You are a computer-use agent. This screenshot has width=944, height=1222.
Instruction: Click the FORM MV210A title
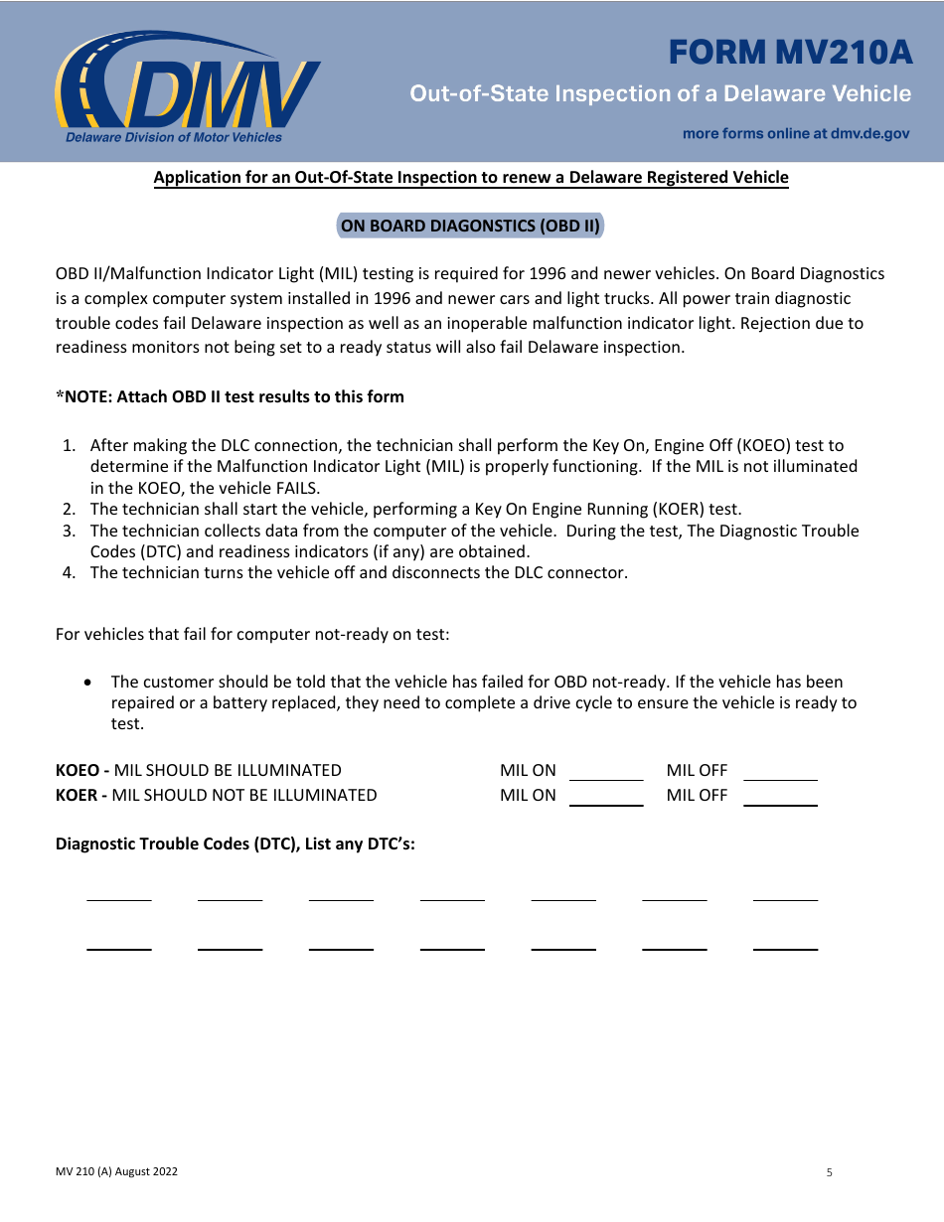click(790, 52)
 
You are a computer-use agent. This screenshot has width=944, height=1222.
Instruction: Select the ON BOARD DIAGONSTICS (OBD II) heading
click(471, 226)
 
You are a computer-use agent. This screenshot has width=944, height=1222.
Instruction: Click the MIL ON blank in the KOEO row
click(606, 772)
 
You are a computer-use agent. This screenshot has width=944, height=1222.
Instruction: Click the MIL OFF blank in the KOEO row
click(780, 772)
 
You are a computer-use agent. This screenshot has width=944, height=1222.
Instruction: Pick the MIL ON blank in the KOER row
click(606, 797)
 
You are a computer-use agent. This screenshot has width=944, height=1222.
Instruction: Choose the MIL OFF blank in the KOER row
click(780, 797)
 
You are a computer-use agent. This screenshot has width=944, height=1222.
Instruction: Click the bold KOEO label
click(78, 770)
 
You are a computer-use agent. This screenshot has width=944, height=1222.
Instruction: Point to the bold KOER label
click(78, 795)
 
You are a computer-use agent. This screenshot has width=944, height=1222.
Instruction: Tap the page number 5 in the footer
click(829, 1172)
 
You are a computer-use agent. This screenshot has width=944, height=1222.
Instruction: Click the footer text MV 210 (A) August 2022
click(116, 1171)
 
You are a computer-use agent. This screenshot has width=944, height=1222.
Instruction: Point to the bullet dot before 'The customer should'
click(91, 683)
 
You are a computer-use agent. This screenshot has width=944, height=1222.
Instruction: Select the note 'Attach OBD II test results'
click(231, 396)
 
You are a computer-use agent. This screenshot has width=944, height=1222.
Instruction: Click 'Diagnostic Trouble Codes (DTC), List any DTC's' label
click(236, 843)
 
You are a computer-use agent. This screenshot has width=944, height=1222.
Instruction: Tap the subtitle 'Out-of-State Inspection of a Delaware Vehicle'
click(661, 93)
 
